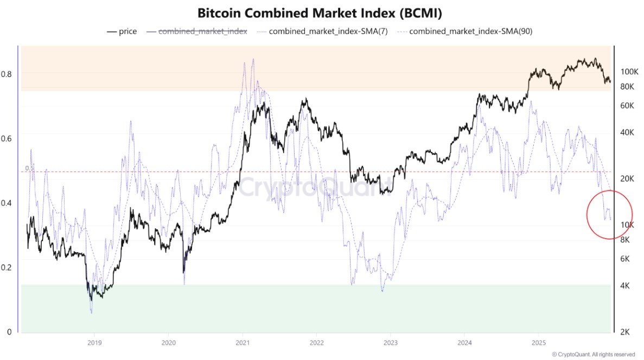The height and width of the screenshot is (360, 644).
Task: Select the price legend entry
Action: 122,31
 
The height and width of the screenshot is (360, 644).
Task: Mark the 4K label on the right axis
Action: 624,285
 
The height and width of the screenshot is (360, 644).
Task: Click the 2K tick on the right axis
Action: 624,332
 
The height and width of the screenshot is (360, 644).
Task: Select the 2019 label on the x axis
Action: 94,343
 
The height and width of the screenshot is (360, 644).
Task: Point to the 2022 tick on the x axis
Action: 316,343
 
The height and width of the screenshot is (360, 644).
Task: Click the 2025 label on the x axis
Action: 538,343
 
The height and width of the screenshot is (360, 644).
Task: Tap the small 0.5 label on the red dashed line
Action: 29,168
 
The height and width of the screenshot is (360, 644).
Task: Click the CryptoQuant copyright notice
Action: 594,354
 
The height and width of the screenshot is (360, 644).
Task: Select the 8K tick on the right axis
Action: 624,239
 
